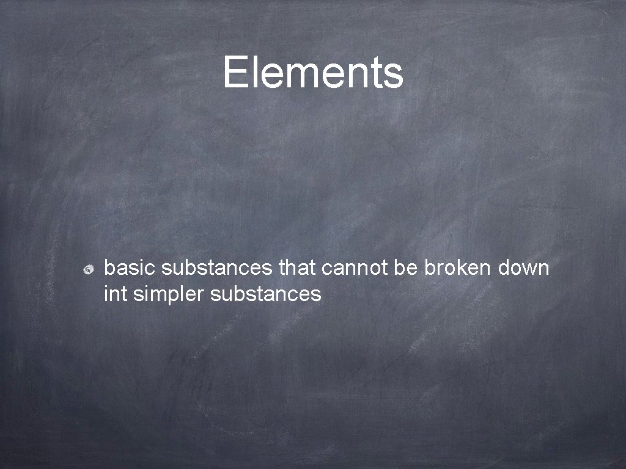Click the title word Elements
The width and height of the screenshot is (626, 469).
(313, 72)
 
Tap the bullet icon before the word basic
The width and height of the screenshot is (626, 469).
(89, 269)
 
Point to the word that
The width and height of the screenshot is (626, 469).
(296, 267)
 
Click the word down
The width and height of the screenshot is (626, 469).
(524, 267)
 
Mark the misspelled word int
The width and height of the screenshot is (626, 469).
(115, 294)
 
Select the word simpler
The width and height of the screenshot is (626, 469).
(169, 295)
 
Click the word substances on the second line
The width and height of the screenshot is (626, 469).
(265, 294)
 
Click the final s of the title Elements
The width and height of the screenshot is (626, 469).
(394, 75)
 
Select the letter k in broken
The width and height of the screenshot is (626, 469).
(459, 267)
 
